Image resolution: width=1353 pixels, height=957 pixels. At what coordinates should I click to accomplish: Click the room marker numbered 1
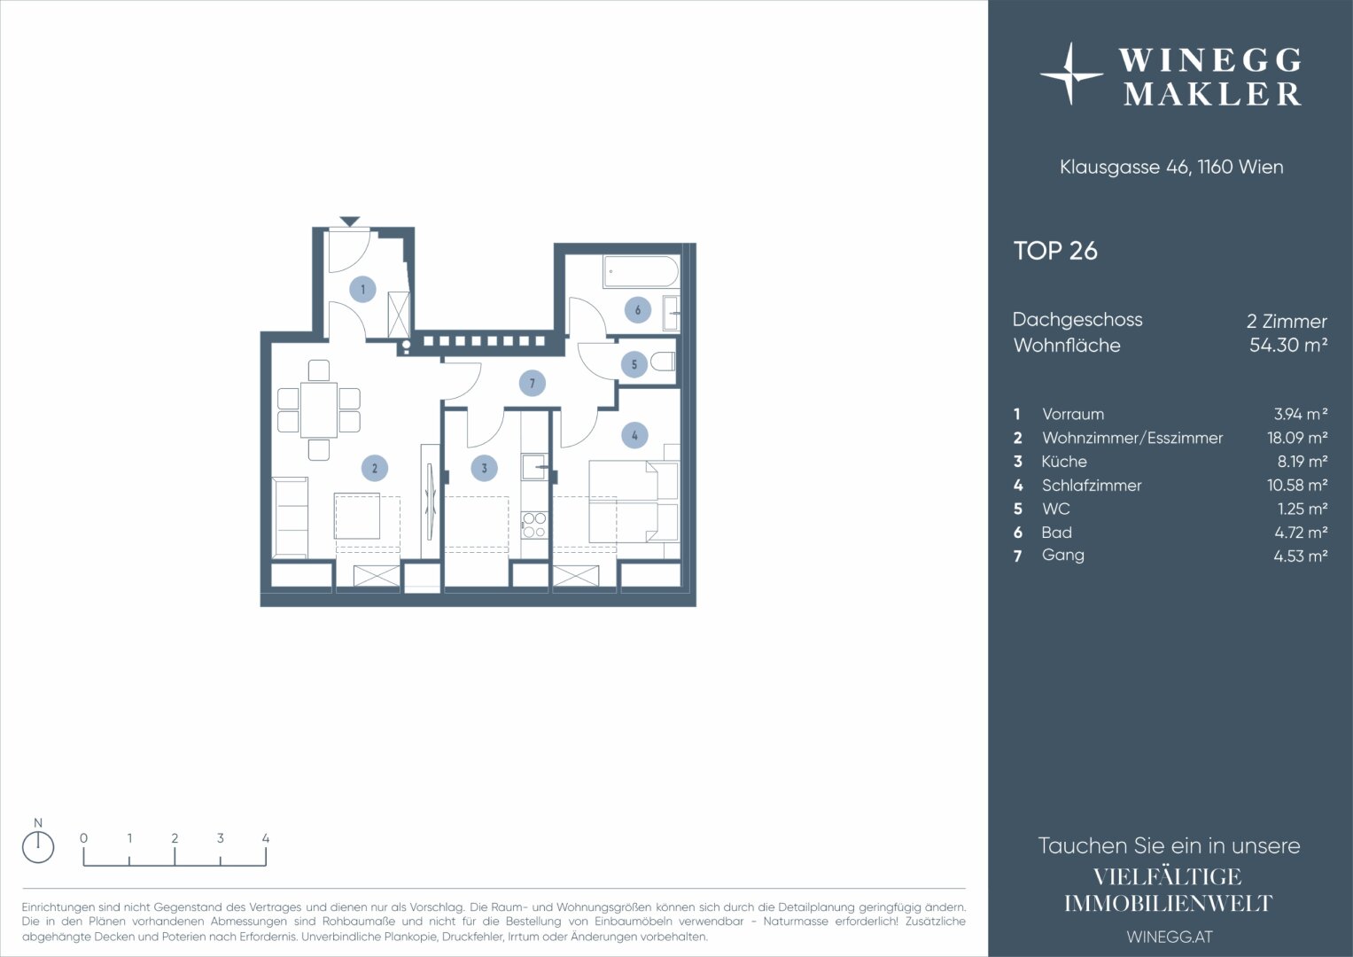pyautogui.click(x=363, y=290)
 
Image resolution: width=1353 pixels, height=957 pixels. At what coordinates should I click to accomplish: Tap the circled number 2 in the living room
pyautogui.click(x=375, y=468)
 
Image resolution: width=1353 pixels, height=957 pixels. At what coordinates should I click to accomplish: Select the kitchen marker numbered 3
pyautogui.click(x=484, y=468)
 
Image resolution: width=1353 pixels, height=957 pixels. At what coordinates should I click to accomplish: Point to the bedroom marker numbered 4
pyautogui.click(x=634, y=435)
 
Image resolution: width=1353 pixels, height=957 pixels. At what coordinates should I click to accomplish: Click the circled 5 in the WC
pyautogui.click(x=634, y=364)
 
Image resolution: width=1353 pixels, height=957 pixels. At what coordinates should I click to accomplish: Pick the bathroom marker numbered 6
pyautogui.click(x=637, y=310)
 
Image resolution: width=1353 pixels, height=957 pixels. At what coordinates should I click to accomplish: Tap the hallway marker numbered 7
pyautogui.click(x=533, y=383)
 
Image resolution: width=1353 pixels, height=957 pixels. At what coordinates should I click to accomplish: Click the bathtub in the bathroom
pyautogui.click(x=641, y=272)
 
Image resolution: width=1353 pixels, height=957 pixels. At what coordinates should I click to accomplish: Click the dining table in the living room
pyautogui.click(x=319, y=409)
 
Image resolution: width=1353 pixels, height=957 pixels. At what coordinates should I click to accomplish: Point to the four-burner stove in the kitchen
pyautogui.click(x=534, y=525)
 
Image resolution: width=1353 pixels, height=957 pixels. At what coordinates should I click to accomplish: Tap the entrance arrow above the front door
pyautogui.click(x=350, y=222)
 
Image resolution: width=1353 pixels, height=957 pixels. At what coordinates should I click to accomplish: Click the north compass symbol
pyautogui.click(x=38, y=847)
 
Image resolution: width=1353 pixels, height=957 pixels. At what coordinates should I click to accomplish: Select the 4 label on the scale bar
pyautogui.click(x=266, y=838)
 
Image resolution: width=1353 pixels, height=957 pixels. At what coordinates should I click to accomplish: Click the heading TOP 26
pyautogui.click(x=1055, y=251)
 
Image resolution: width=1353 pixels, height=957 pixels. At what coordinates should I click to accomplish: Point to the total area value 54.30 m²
pyautogui.click(x=1288, y=345)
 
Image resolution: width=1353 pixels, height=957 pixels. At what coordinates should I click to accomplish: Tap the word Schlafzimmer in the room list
pyautogui.click(x=1092, y=486)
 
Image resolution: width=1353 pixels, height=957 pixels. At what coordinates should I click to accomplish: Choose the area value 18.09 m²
pyautogui.click(x=1297, y=438)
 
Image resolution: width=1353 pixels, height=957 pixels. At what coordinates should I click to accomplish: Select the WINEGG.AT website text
pyautogui.click(x=1170, y=937)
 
